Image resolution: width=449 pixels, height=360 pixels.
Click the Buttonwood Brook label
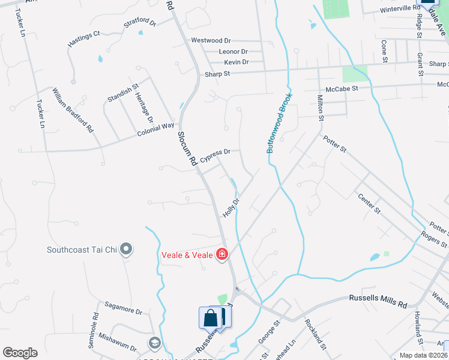(x=279, y=123)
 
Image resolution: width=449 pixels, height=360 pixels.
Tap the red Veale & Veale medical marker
(x=222, y=254)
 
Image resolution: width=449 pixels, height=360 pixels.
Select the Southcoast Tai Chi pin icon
(x=126, y=249)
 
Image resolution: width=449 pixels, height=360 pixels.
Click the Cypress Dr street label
(x=215, y=156)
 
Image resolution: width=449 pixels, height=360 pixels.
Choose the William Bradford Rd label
(x=73, y=110)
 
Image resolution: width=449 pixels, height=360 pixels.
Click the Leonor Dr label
(x=234, y=52)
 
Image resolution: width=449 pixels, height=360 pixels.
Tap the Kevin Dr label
(x=236, y=62)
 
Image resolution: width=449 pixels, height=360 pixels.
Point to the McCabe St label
(x=342, y=89)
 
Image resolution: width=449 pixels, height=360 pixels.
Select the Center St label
(x=369, y=203)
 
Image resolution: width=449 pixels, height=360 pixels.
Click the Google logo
(x=20, y=353)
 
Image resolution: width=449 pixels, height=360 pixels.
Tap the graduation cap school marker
(x=154, y=343)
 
